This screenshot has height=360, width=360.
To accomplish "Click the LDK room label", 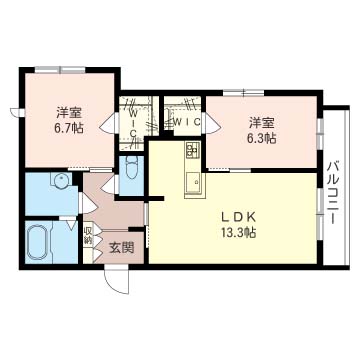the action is [239, 218].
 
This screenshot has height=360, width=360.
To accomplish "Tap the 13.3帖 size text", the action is [239, 233].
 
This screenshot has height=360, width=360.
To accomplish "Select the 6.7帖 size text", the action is [69, 128].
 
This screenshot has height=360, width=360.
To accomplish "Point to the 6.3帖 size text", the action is [262, 138].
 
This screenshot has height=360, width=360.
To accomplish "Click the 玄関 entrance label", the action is [122, 247].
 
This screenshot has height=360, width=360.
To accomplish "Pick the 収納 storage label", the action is [88, 236].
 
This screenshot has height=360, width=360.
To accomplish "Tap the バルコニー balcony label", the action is [333, 193].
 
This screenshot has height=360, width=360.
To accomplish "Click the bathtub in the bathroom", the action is [40, 242].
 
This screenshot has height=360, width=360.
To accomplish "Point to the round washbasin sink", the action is [62, 180].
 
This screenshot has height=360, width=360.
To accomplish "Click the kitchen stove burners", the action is [193, 149].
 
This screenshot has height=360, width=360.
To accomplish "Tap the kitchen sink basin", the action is [192, 183].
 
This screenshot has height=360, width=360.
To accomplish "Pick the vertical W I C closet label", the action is [133, 124].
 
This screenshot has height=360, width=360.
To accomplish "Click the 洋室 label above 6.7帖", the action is [69, 113].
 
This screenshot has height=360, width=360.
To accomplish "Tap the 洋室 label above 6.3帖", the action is [262, 123].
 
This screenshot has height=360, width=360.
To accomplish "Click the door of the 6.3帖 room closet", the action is [212, 122].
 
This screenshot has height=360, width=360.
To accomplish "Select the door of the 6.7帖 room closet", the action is [109, 123].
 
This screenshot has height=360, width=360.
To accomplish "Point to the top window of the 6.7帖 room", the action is [60, 70].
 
